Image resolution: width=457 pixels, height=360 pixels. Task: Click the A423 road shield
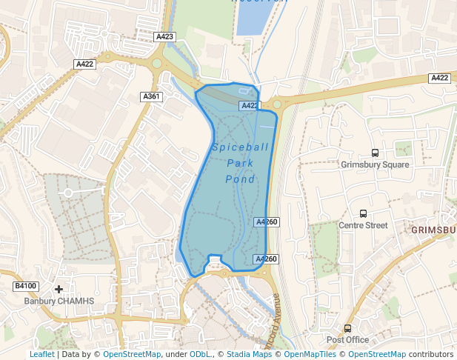tap(165, 36)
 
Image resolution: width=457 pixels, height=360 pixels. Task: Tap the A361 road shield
tap(151, 96)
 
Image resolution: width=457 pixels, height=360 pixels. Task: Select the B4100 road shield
tap(25, 286)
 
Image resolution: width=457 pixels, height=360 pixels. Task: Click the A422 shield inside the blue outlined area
tap(250, 106)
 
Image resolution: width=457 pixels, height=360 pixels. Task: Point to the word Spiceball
tap(241, 147)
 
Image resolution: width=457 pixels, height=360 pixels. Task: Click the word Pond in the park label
tap(241, 179)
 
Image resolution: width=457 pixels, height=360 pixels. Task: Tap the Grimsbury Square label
tap(375, 164)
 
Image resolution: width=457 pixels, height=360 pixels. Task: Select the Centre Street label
tap(363, 225)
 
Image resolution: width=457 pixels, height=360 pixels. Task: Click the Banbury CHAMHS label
tap(59, 301)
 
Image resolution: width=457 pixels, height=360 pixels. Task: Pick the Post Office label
tap(347, 340)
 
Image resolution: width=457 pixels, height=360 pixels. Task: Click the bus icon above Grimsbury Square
tap(375, 153)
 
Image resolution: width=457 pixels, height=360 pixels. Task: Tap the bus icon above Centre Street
tap(363, 213)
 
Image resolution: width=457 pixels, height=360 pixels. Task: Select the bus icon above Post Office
tap(347, 328)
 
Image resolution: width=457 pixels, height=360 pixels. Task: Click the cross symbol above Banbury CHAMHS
tap(59, 289)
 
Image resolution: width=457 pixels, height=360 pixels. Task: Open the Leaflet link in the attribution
tap(41, 354)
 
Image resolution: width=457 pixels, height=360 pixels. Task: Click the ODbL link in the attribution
tap(199, 354)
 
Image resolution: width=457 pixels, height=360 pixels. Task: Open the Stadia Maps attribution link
tap(249, 354)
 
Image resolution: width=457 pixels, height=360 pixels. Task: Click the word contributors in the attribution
tap(430, 354)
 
